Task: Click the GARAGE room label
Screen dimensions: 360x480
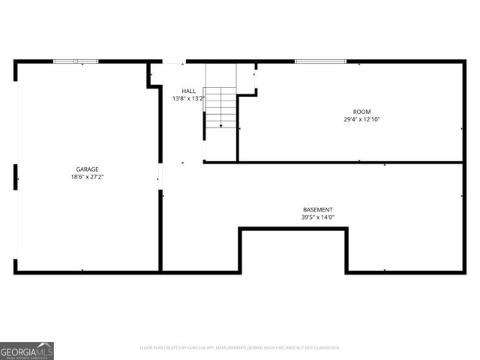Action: pos(87,169)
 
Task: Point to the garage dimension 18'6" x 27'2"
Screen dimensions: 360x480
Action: pos(87,178)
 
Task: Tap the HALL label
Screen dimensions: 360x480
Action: pos(188,91)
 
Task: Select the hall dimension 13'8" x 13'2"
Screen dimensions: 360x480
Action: pos(188,98)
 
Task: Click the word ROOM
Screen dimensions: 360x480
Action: pos(362,112)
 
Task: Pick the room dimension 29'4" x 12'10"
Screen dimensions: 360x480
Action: pos(362,119)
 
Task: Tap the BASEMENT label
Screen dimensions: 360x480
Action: pos(318,210)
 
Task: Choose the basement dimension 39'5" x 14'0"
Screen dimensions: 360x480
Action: pos(318,217)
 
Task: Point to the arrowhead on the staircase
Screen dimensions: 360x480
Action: pos(220,125)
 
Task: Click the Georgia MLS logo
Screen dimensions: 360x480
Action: pos(27,350)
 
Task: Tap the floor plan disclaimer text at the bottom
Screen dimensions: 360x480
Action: pos(240,348)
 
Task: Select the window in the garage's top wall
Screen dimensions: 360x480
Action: pos(76,61)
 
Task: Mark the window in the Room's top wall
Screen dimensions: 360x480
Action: pos(320,61)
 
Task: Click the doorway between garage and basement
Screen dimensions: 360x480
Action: pos(160,178)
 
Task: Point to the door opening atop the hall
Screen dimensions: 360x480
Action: pos(174,61)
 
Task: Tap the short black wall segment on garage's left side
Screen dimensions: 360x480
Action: pos(16,178)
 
